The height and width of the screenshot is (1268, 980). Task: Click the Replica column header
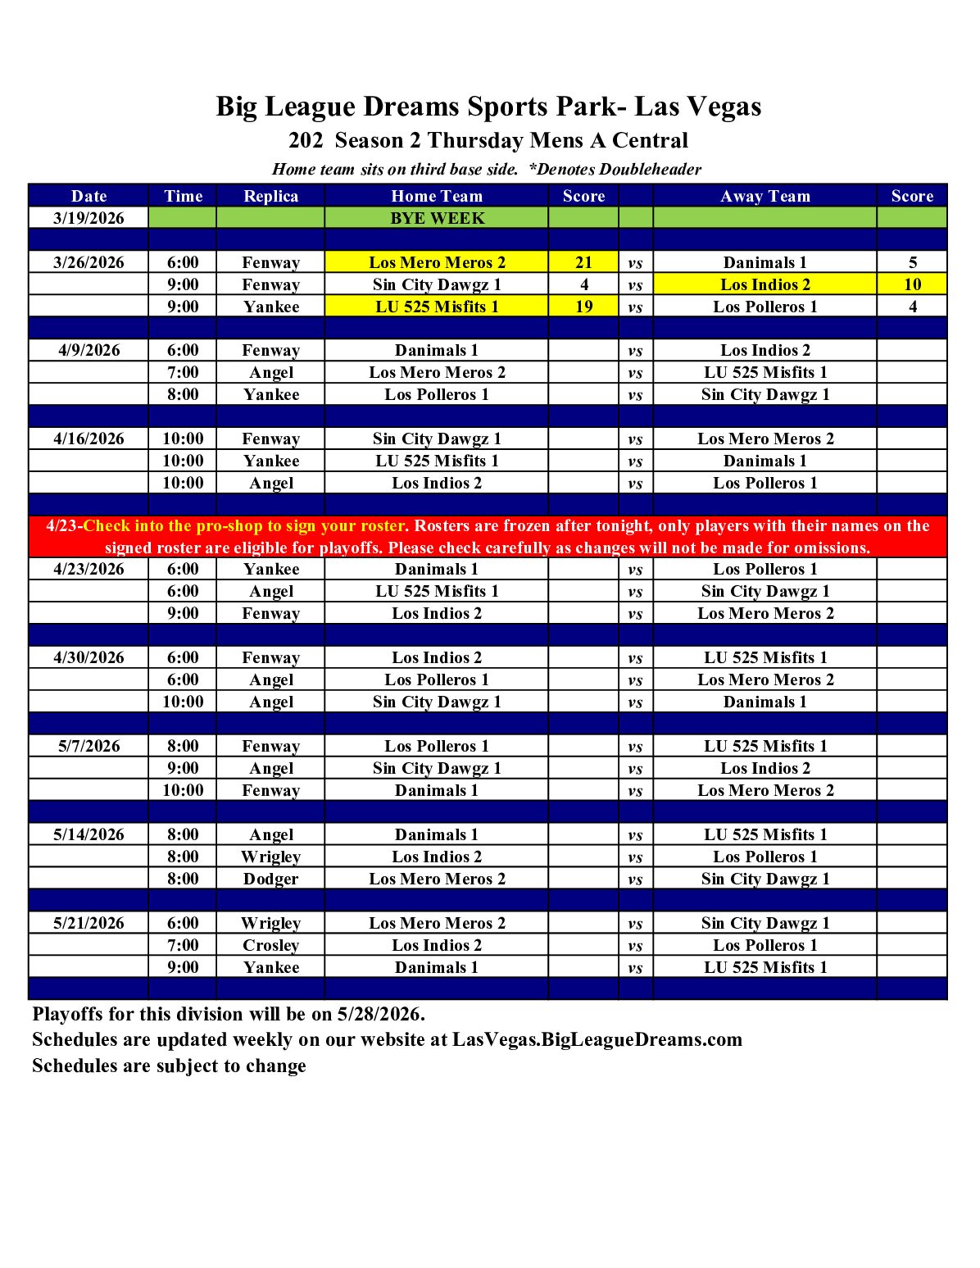coord(270,196)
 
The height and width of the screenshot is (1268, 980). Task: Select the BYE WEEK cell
coord(437,218)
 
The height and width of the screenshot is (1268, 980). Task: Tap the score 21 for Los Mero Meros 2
coord(583,262)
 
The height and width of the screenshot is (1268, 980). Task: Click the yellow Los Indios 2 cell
coord(764,284)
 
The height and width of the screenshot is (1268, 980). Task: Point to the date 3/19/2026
coord(88,218)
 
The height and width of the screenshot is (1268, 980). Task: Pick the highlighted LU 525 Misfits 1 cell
coord(436,307)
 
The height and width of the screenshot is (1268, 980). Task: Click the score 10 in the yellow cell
coord(912,284)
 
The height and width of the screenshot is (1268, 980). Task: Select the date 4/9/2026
coord(88,350)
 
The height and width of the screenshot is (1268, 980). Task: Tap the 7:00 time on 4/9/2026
coord(183,372)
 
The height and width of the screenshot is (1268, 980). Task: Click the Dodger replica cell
coord(270,879)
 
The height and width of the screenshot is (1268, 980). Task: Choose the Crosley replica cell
coord(270,945)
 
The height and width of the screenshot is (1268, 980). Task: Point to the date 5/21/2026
coord(88,923)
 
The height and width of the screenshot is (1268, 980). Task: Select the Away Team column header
coord(764,196)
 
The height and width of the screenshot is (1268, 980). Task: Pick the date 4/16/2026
coord(88,439)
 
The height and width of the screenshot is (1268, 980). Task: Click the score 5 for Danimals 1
coord(912,262)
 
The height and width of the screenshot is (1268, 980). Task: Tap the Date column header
coord(88,196)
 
